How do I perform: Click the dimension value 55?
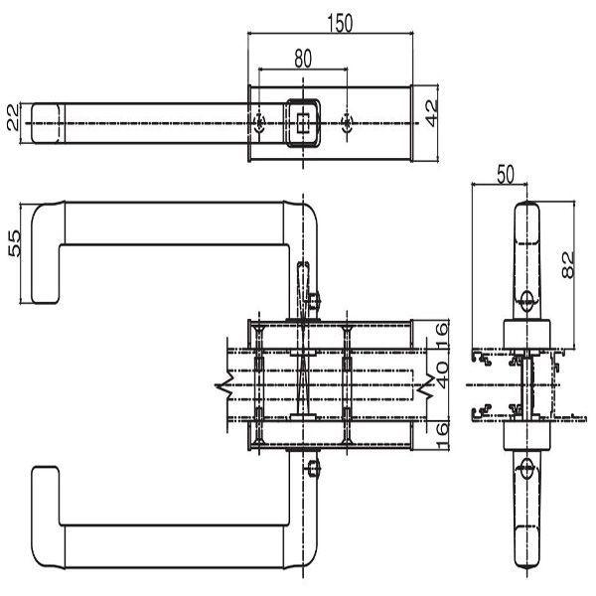[13, 244]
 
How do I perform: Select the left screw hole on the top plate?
[258, 122]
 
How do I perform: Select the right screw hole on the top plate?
[346, 122]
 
